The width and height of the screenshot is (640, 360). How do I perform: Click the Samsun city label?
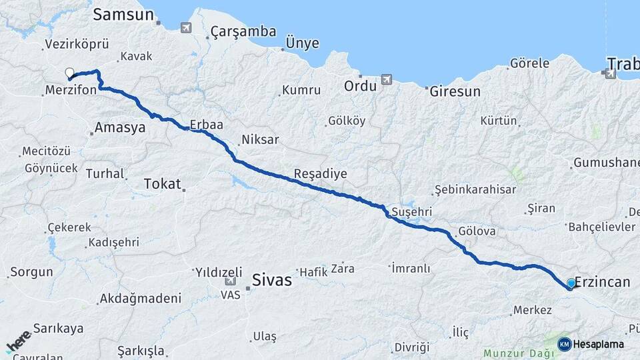pyautogui.click(x=123, y=15)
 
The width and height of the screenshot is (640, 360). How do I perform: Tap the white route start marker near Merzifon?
pyautogui.click(x=69, y=73)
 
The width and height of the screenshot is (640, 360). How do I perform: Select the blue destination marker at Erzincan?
pyautogui.click(x=571, y=283)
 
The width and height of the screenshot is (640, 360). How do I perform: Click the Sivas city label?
pyautogui.click(x=272, y=280)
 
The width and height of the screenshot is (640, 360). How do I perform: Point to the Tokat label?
pyautogui.click(x=163, y=184)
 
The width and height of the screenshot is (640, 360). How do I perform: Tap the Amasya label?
pyautogui.click(x=120, y=127)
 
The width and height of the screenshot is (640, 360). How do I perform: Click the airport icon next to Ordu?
pyautogui.click(x=387, y=80)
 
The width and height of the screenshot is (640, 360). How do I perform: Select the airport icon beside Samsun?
pyautogui.click(x=185, y=27)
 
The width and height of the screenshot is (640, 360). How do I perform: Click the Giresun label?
pyautogui.click(x=455, y=91)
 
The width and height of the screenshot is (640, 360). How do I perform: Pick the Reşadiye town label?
pyautogui.click(x=321, y=174)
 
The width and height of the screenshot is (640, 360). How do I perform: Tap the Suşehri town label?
pyautogui.click(x=412, y=212)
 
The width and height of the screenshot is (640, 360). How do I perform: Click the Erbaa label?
pyautogui.click(x=206, y=125)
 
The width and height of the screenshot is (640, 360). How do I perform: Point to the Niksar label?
pyautogui.click(x=260, y=140)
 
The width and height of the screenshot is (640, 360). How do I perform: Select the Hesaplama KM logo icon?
pyautogui.click(x=564, y=344)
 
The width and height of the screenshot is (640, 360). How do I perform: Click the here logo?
pyautogui.click(x=19, y=341)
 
